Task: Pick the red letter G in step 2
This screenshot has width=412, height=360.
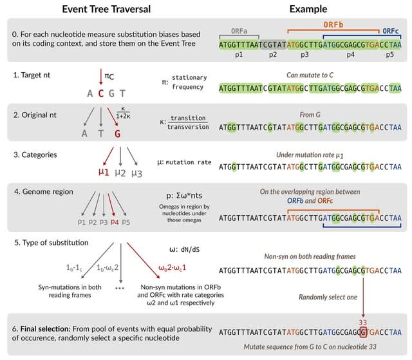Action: (117, 134)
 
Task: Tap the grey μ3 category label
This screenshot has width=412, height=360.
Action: (136, 172)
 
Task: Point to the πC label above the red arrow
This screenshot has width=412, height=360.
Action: (108, 77)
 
